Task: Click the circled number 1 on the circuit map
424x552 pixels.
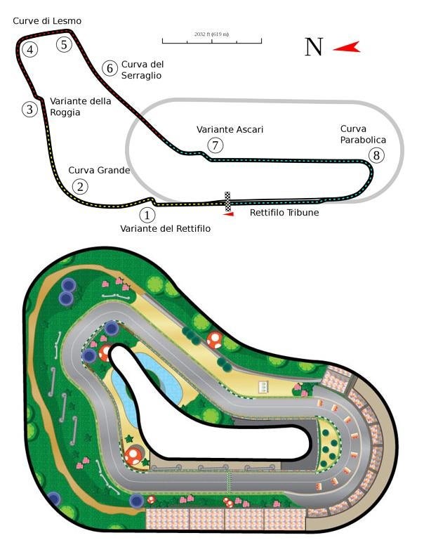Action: click(147, 215)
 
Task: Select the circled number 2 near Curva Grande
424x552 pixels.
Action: click(81, 186)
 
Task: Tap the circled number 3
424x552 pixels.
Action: click(29, 109)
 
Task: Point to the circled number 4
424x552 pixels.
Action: click(29, 49)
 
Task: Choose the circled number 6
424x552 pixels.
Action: click(109, 68)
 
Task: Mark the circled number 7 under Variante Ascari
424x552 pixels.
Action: click(215, 145)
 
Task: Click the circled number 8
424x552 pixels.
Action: click(378, 155)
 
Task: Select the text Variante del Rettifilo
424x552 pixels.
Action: click(165, 229)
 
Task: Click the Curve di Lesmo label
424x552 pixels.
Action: click(47, 21)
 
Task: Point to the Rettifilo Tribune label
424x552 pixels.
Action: click(284, 213)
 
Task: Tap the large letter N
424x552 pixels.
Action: click(314, 47)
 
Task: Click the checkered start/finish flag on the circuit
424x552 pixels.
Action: click(227, 202)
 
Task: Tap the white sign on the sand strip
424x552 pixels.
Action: click(264, 386)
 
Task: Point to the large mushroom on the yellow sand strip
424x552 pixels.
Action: click(215, 340)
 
